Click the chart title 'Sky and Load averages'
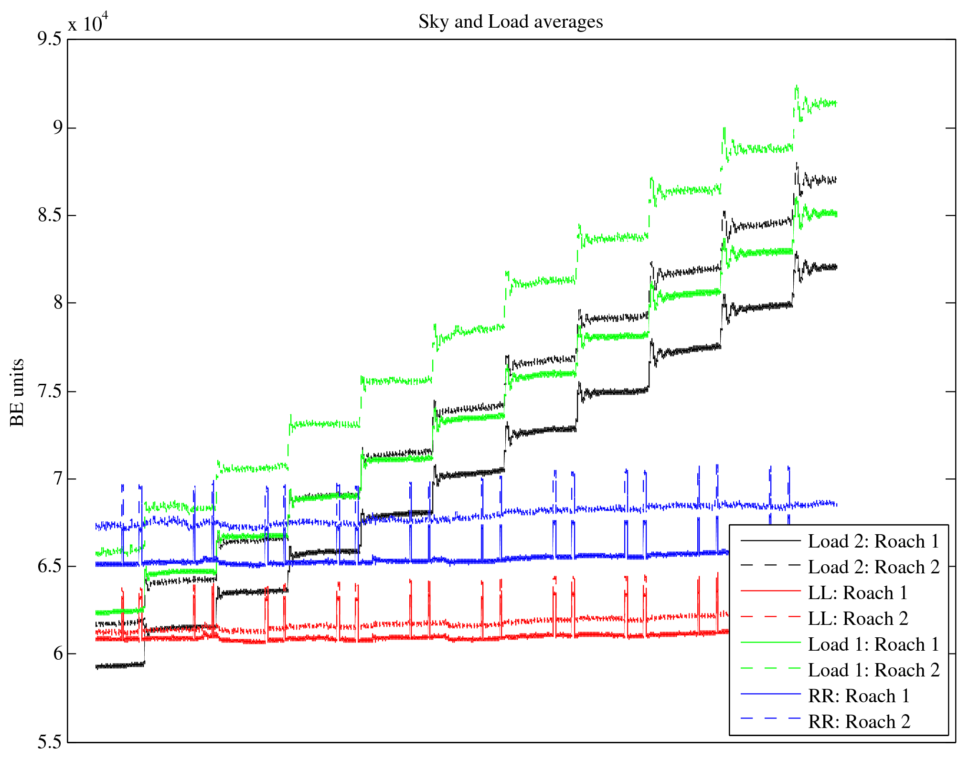pyautogui.click(x=511, y=22)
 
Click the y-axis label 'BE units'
pyautogui.click(x=17, y=392)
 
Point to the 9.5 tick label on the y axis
pyautogui.click(x=50, y=39)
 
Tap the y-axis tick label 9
pyautogui.click(x=57, y=127)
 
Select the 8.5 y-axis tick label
pyautogui.click(x=50, y=215)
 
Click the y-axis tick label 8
pyautogui.click(x=57, y=303)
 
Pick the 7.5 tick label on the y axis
pyautogui.click(x=50, y=391)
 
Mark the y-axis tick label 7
pyautogui.click(x=57, y=478)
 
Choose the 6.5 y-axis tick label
pyautogui.click(x=50, y=566)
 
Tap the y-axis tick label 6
pyautogui.click(x=57, y=654)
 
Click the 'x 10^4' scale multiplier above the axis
pyautogui.click(x=88, y=22)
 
